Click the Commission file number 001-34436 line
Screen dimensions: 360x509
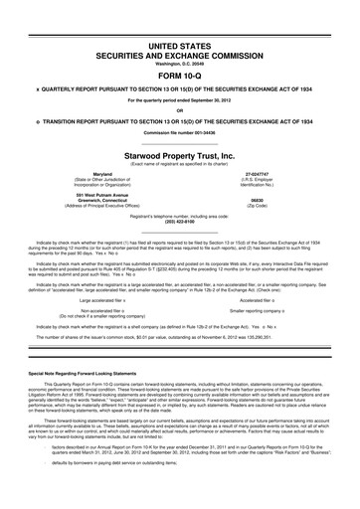click(x=180, y=134)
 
